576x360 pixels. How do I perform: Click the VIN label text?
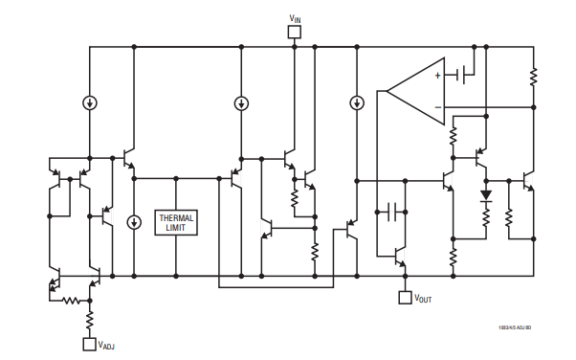pos(295,17)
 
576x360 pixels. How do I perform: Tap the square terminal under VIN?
pos(295,33)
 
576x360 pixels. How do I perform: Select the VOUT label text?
pos(423,299)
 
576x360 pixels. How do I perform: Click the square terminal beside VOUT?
pos(405,298)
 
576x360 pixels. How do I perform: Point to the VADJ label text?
pos(107,343)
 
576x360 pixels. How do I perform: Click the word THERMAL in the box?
pos(176,218)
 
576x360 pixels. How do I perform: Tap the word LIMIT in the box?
pos(176,229)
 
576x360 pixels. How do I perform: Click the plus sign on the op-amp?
pos(438,75)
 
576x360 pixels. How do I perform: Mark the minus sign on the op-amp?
pos(438,108)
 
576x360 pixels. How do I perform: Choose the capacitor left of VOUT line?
pos(392,213)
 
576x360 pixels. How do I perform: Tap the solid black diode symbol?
pos(485,195)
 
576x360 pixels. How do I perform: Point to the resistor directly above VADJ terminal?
pos(89,316)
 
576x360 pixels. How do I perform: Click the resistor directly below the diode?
pos(485,219)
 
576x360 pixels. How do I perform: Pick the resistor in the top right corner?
pos(532,74)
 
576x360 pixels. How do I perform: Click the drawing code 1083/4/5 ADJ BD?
pos(514,327)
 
